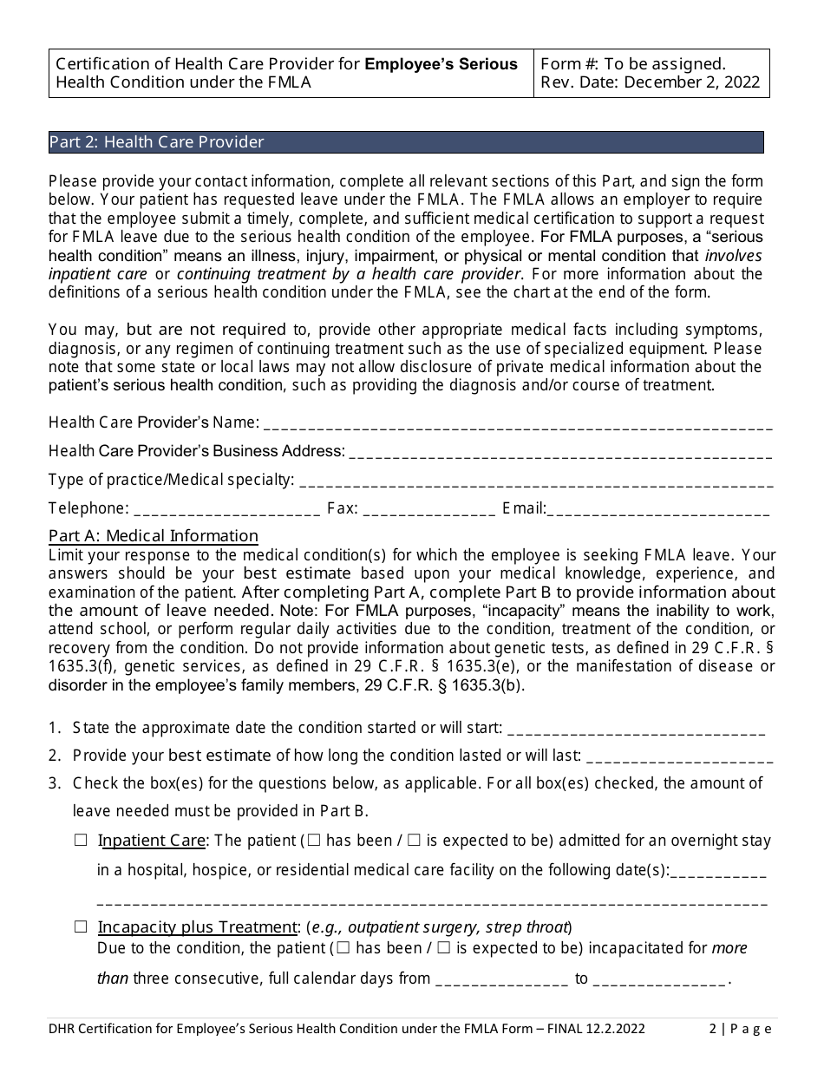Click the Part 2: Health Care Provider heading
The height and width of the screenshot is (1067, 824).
(x=157, y=142)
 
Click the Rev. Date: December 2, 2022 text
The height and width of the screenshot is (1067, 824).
(x=650, y=83)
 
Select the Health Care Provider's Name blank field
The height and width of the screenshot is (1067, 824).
(x=517, y=423)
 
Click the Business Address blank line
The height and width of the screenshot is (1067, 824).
(x=559, y=452)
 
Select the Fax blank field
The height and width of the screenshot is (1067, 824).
(x=429, y=509)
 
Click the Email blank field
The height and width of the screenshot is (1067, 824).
(x=658, y=509)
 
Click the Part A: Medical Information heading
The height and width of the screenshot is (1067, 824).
(x=154, y=536)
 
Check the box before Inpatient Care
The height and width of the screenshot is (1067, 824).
(x=82, y=841)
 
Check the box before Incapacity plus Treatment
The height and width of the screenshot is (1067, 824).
(x=82, y=926)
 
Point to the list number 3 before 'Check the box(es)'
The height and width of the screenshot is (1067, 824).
(x=54, y=783)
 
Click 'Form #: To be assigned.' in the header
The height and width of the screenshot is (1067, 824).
(x=633, y=64)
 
